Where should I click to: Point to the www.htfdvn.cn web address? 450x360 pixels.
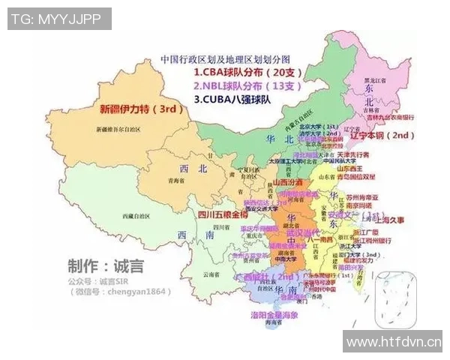[x=392, y=341]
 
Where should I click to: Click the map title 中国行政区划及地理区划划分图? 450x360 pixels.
[x=224, y=58]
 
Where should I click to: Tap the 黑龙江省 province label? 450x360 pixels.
[x=374, y=79]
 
